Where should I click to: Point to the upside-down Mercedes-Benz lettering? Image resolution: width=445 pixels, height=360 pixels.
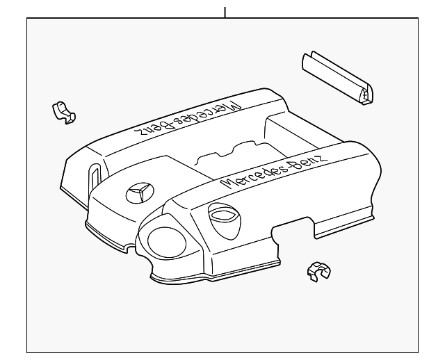[x=186, y=120]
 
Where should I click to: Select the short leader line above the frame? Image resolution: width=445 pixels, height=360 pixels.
[x=225, y=12]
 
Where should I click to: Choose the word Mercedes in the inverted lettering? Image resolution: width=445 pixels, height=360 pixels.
[x=211, y=111]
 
